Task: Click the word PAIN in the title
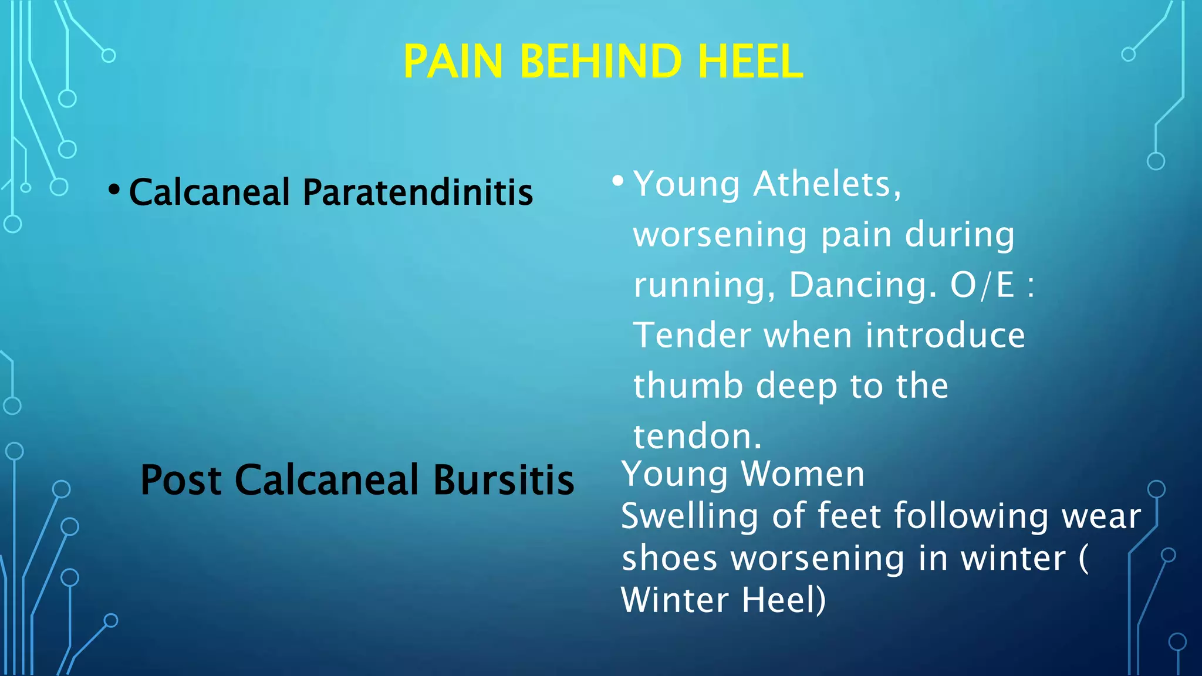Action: (x=453, y=62)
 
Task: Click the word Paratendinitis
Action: (x=417, y=192)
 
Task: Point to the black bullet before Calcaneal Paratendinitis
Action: (x=114, y=190)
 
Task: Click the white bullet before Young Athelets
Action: (x=617, y=181)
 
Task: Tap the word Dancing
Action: (x=862, y=285)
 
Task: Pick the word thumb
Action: (x=687, y=386)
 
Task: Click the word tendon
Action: (x=697, y=437)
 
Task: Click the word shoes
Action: (x=669, y=559)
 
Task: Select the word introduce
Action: (x=945, y=336)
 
